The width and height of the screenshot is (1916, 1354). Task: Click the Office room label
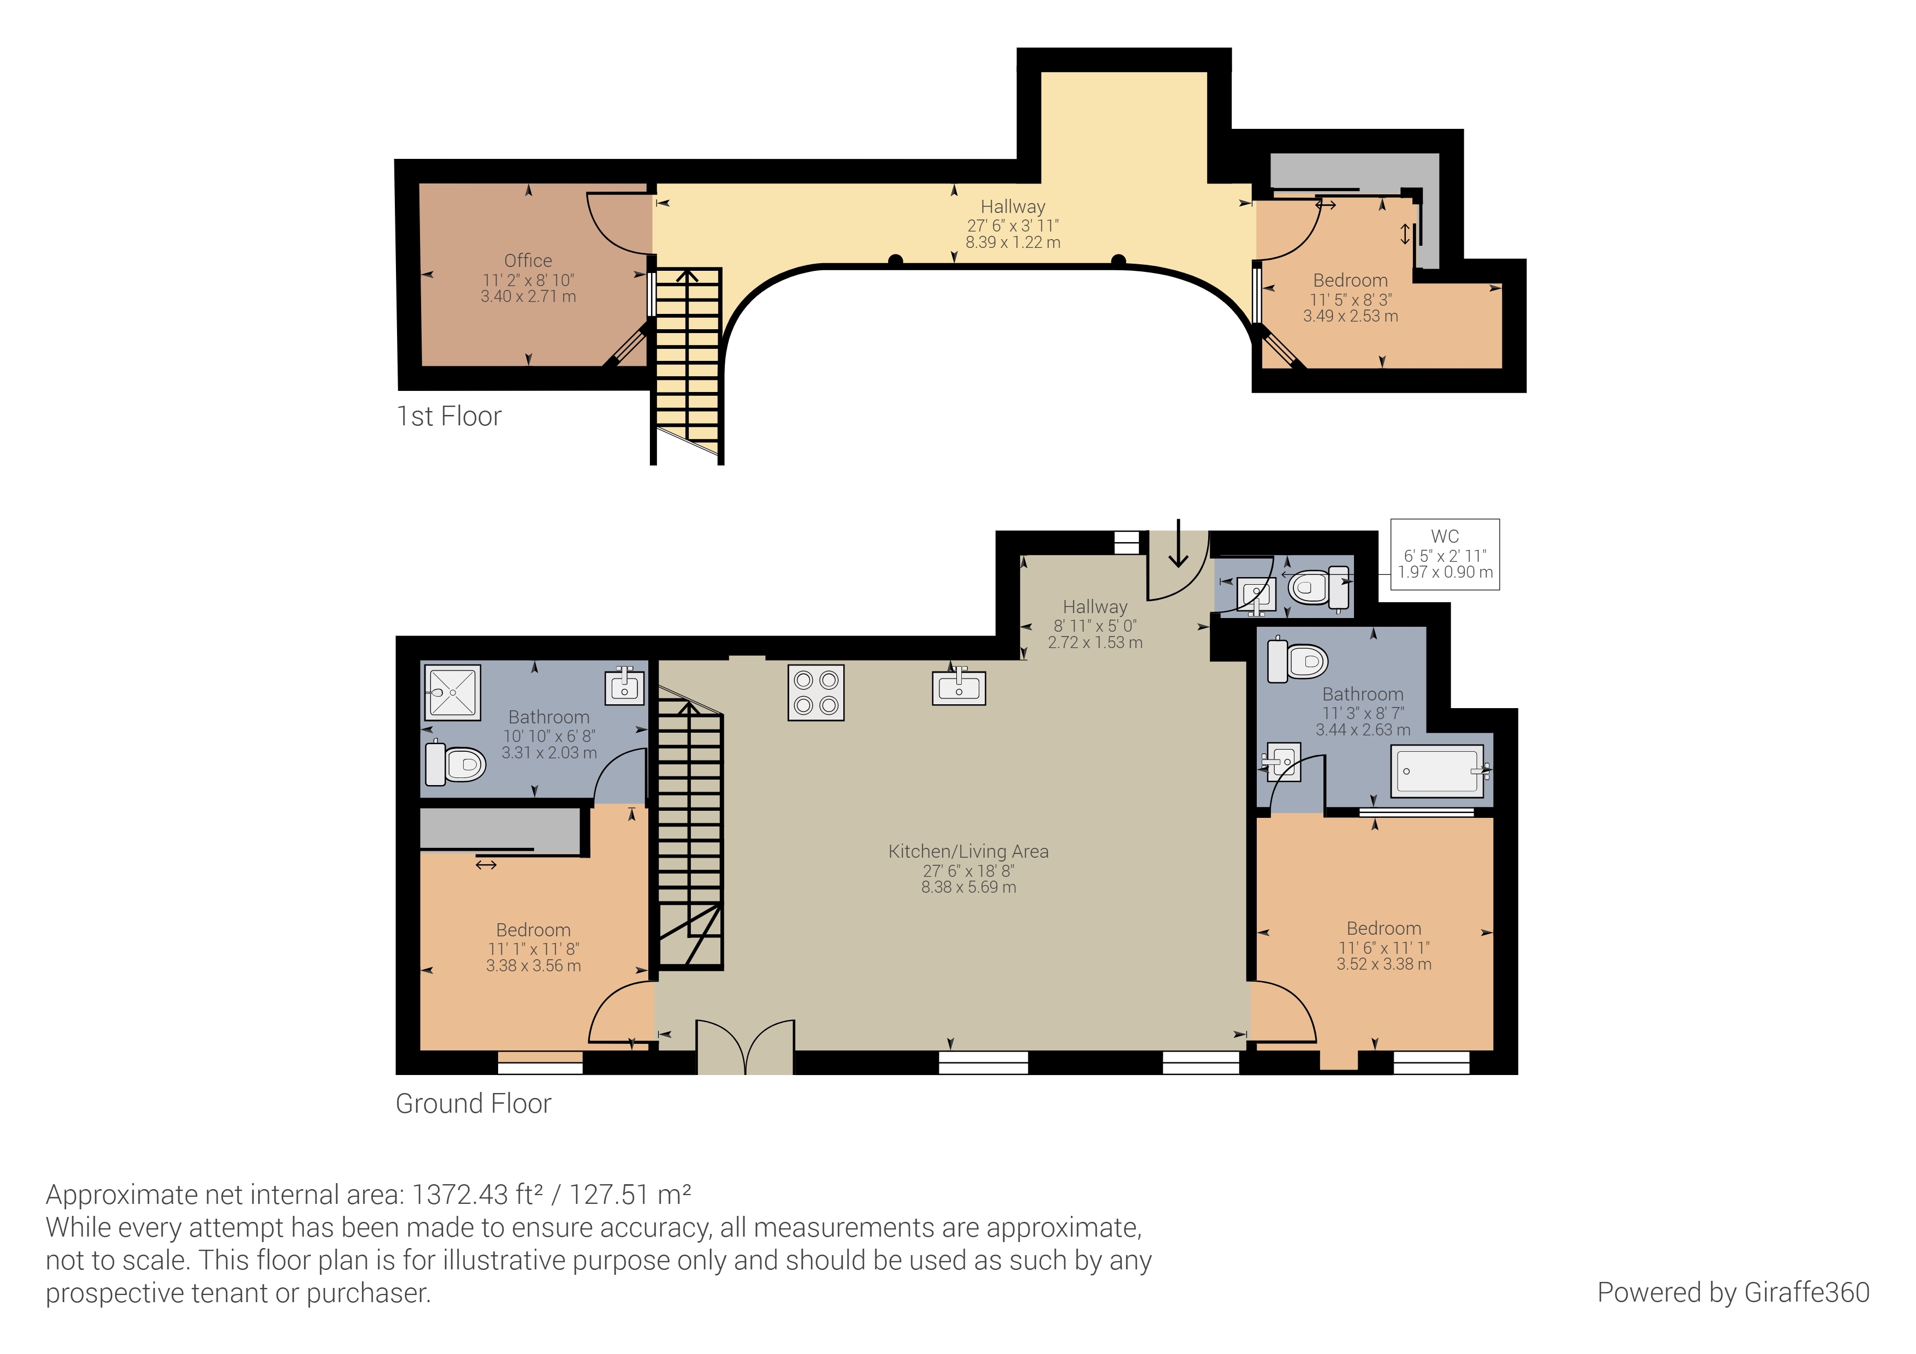[x=528, y=260]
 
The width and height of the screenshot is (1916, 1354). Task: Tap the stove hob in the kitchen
[x=815, y=692]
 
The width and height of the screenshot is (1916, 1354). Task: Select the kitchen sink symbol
[x=959, y=687]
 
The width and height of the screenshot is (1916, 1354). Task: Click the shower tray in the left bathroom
[x=452, y=692]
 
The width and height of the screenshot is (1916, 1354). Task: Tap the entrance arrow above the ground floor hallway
[x=1178, y=543]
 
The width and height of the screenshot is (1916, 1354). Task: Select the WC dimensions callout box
[x=1445, y=554]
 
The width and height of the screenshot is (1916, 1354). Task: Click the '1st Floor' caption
[x=449, y=415]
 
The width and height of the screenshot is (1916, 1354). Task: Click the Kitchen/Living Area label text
[x=968, y=851]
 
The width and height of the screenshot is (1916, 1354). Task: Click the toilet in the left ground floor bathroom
[x=456, y=763]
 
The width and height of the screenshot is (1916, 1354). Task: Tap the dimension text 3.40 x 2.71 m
[x=528, y=296]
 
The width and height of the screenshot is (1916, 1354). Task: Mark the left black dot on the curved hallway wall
[x=895, y=261]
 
